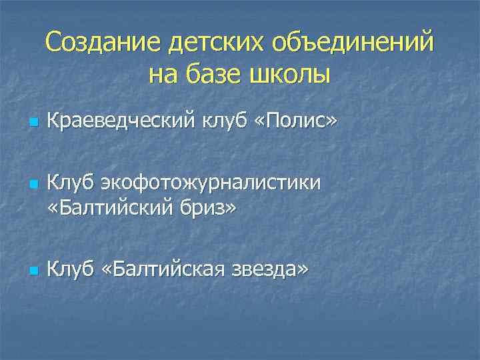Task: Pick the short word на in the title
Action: (161, 74)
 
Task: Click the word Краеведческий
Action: (120, 122)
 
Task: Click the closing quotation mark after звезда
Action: (303, 269)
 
